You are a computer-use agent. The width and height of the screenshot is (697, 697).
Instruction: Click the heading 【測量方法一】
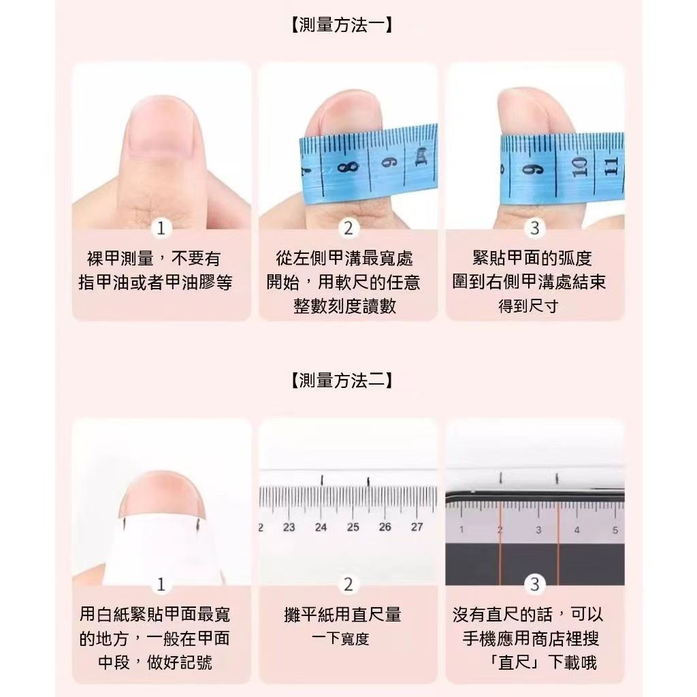click(x=342, y=25)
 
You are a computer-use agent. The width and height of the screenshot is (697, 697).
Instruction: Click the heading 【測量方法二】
click(x=342, y=380)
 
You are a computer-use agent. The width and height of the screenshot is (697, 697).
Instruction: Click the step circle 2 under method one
click(x=348, y=228)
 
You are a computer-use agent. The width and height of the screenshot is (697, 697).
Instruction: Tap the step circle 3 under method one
click(x=535, y=228)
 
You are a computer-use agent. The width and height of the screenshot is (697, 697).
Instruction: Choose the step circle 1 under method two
click(x=161, y=584)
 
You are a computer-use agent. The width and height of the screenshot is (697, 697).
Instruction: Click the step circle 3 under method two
click(x=535, y=584)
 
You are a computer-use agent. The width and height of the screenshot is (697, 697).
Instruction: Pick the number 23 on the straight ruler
click(x=289, y=528)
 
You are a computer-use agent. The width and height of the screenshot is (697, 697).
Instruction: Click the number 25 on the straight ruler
click(x=353, y=528)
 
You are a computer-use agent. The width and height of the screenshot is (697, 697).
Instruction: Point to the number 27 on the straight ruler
click(x=417, y=527)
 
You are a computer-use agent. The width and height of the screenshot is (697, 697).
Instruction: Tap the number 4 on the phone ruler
click(x=577, y=530)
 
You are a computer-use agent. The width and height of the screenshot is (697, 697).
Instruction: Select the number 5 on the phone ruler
click(x=615, y=530)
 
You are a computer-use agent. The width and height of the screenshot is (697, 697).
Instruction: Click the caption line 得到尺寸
click(x=528, y=306)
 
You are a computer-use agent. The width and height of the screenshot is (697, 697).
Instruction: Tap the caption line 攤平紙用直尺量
click(x=342, y=615)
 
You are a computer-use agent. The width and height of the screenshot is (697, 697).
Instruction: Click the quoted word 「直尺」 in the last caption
click(x=516, y=662)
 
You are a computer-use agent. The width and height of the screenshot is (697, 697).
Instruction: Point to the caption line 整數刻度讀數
click(x=344, y=306)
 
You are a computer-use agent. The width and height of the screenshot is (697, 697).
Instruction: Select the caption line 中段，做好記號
click(x=155, y=662)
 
